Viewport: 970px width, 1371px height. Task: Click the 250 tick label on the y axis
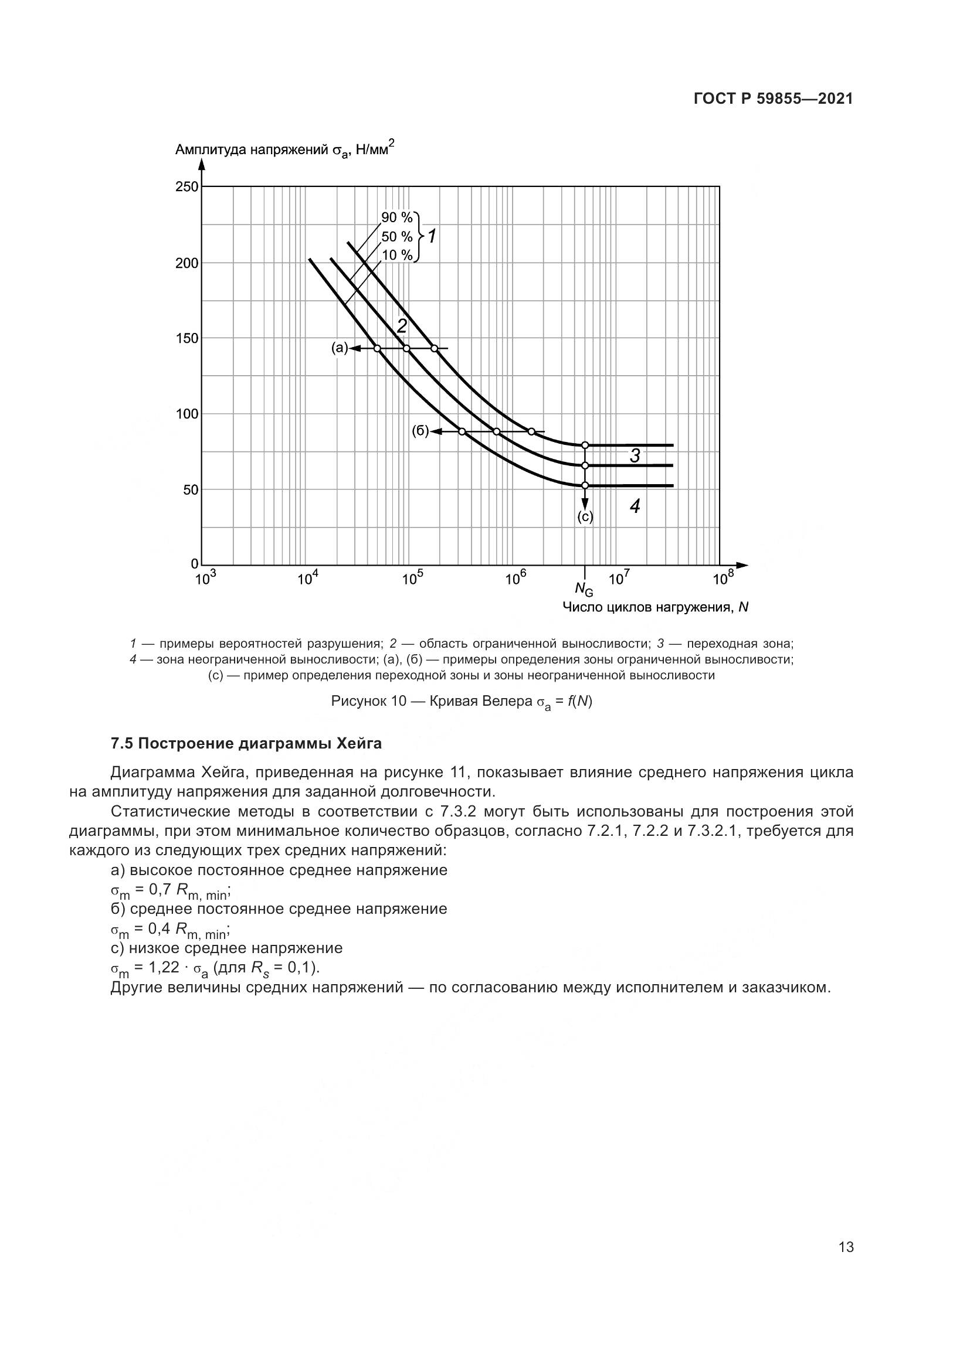pyautogui.click(x=186, y=187)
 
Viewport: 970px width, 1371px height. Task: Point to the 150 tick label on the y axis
pyautogui.click(x=186, y=339)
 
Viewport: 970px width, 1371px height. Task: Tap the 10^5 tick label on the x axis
pyautogui.click(x=412, y=579)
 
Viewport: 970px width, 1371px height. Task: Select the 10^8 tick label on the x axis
pyautogui.click(x=722, y=579)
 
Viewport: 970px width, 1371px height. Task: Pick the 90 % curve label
pyautogui.click(x=397, y=218)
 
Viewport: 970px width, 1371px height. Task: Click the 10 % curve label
pyautogui.click(x=397, y=256)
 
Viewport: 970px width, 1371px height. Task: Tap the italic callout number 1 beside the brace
pyautogui.click(x=432, y=237)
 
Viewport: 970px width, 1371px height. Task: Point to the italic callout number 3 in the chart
pyautogui.click(x=635, y=456)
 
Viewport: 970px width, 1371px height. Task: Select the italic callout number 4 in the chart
pyautogui.click(x=635, y=506)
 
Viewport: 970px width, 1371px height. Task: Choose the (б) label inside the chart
pyautogui.click(x=420, y=431)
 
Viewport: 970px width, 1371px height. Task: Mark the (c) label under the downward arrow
pyautogui.click(x=585, y=517)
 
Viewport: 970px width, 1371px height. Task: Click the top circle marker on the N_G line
pyautogui.click(x=585, y=445)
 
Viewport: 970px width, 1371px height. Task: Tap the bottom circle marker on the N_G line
pyautogui.click(x=585, y=485)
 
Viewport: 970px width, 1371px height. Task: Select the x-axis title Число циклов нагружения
pyautogui.click(x=655, y=607)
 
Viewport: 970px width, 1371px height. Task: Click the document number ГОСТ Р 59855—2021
pyautogui.click(x=773, y=99)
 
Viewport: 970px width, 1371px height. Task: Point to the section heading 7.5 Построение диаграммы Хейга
pyautogui.click(x=246, y=744)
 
